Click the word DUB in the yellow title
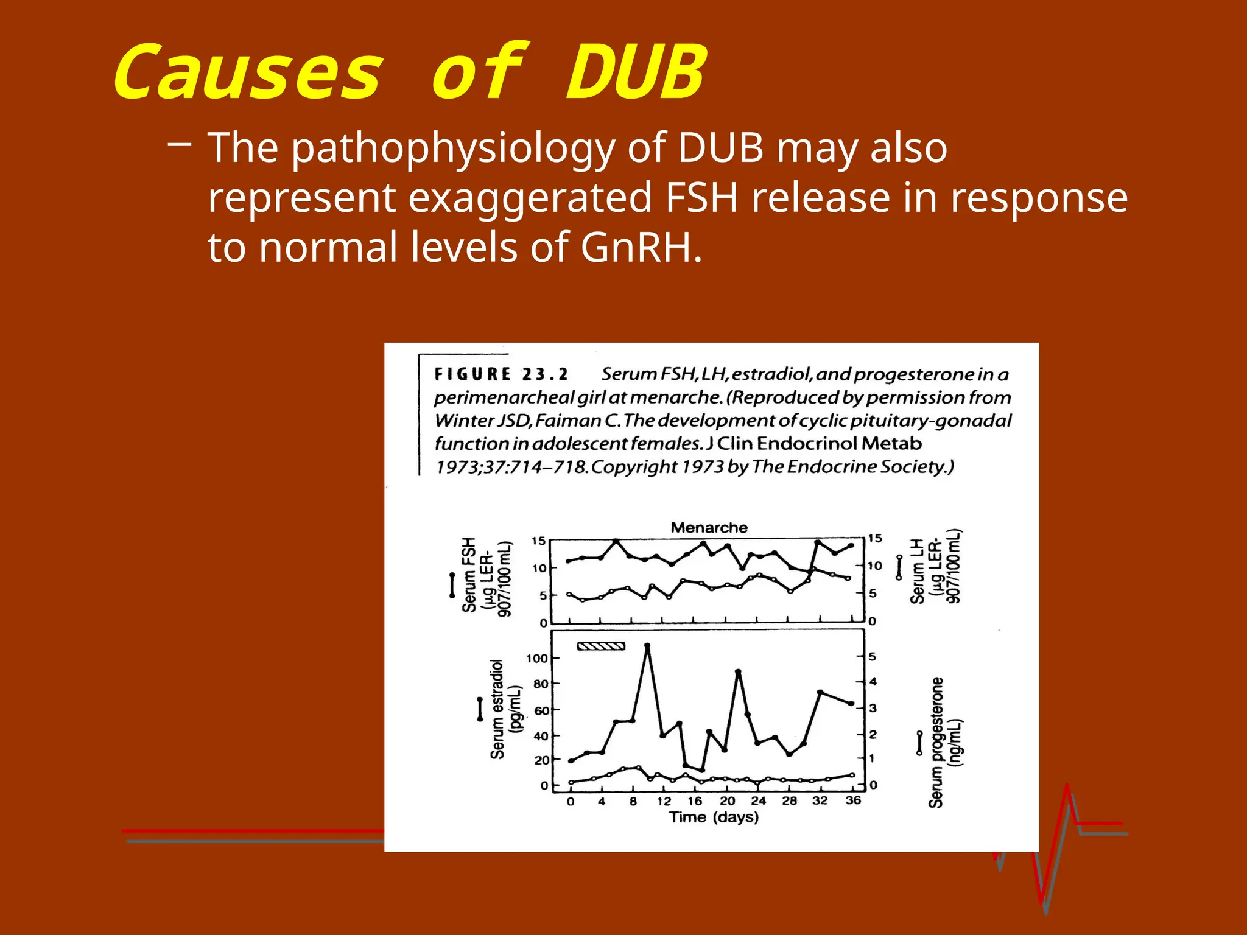[636, 73]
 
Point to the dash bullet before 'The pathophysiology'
[179, 144]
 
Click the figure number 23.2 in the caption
[544, 374]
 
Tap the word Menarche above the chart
[709, 527]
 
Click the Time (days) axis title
[714, 817]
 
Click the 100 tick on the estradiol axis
[536, 658]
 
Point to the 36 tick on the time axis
[853, 800]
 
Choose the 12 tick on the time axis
[664, 801]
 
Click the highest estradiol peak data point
[647, 645]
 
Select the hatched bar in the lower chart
[601, 646]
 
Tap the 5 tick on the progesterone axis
[873, 656]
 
